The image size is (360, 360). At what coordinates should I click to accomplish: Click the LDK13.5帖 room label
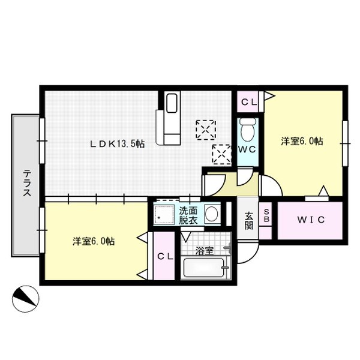coord(117,144)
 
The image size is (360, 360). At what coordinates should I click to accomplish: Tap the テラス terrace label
coord(28,182)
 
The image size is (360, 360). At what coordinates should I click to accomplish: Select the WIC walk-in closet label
coord(311,220)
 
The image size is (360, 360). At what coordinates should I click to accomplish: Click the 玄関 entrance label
coord(248,221)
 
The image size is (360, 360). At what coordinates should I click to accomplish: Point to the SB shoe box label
coord(266,215)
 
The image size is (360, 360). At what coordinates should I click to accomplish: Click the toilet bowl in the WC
coord(247,130)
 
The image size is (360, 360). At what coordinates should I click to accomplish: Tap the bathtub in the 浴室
coord(204,268)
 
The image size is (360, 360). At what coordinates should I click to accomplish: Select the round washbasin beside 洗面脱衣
coord(211,214)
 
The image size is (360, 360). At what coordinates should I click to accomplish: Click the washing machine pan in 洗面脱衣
coord(164,214)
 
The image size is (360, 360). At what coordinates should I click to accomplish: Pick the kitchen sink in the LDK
coord(172,103)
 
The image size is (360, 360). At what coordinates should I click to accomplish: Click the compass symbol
coord(25,299)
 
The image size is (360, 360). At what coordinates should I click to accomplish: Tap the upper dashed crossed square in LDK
coord(206,130)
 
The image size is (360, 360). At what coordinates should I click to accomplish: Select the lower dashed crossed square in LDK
coord(222,154)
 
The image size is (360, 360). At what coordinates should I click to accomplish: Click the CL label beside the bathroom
coord(165,256)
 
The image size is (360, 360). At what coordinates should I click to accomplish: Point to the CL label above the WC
coord(249,102)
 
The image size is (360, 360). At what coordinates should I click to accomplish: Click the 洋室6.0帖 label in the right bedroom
coord(302,141)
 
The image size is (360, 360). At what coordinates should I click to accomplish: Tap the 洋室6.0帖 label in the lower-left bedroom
coord(94,241)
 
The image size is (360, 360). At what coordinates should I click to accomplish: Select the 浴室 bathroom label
coord(205,251)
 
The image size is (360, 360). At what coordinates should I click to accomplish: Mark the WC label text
coord(247,149)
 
